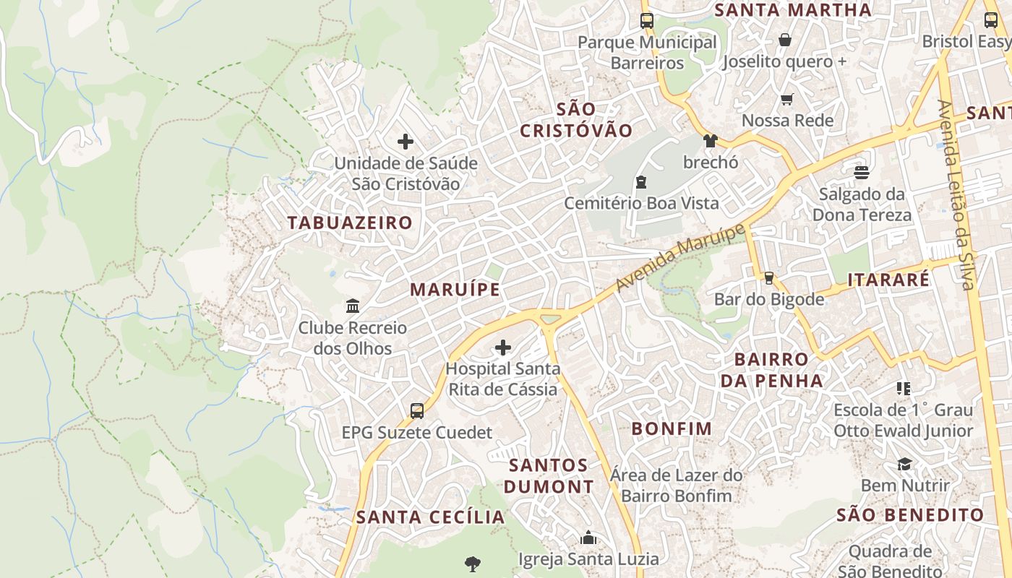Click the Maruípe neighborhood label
[455, 290]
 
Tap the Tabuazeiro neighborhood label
[350, 223]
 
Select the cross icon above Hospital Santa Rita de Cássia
[502, 348]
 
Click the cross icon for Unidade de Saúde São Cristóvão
[406, 142]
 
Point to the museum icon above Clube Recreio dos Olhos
[353, 306]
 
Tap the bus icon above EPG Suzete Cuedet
[417, 411]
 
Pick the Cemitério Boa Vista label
[641, 203]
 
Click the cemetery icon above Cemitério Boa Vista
[640, 181]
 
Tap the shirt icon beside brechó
[710, 141]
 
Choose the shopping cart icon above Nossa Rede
[786, 100]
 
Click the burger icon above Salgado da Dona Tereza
[861, 173]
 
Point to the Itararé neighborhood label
[888, 280]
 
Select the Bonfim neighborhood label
[672, 428]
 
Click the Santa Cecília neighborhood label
[430, 517]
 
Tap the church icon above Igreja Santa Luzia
[588, 538]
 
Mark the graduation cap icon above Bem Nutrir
[904, 464]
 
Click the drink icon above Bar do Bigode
[768, 278]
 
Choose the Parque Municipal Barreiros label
[647, 53]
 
